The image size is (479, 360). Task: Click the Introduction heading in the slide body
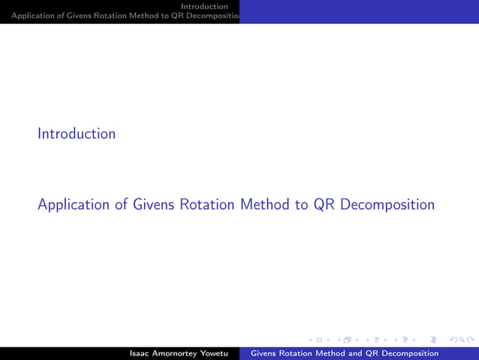77,134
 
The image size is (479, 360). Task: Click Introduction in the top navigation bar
203,6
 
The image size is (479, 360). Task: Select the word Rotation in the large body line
206,204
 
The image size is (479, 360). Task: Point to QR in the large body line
324,204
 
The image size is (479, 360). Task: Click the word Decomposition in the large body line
387,204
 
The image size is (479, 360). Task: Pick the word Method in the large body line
265,204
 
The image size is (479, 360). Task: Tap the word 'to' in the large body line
301,204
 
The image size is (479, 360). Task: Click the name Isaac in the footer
142,353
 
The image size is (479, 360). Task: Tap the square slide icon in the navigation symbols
319,340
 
